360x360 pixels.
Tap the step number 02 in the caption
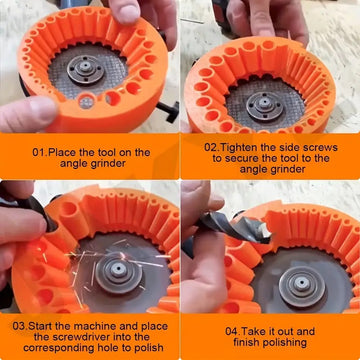(x=213, y=145)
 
